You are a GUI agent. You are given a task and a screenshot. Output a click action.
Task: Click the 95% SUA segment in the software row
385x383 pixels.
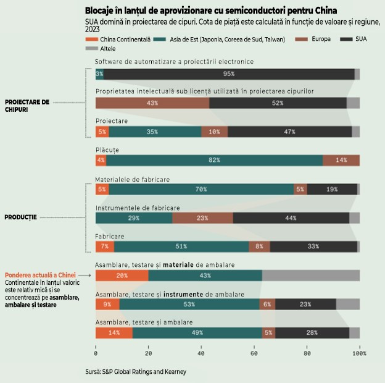(x=229, y=74)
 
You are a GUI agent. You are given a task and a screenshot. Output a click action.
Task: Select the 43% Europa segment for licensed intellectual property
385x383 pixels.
(x=152, y=103)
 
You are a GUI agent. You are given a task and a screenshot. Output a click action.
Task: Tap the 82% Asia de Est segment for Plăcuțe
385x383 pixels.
(x=214, y=160)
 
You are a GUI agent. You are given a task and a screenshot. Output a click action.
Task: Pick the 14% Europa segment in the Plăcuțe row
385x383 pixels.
(x=341, y=160)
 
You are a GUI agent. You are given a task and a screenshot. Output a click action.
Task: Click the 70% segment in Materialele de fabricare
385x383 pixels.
(x=201, y=189)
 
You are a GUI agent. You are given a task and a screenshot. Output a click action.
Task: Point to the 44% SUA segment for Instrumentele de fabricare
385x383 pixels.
(x=291, y=218)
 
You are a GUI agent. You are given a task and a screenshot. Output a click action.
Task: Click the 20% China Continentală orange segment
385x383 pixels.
(x=122, y=275)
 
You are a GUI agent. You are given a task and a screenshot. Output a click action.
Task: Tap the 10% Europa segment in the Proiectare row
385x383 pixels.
(x=214, y=132)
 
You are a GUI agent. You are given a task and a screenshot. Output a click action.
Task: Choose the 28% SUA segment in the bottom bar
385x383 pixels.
(x=312, y=332)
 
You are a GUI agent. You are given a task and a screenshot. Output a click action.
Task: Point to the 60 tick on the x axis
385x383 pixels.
(x=254, y=353)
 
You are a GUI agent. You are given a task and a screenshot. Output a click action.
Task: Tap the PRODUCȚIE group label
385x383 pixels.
(x=21, y=217)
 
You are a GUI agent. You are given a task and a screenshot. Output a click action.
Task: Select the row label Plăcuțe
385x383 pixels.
(x=107, y=149)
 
